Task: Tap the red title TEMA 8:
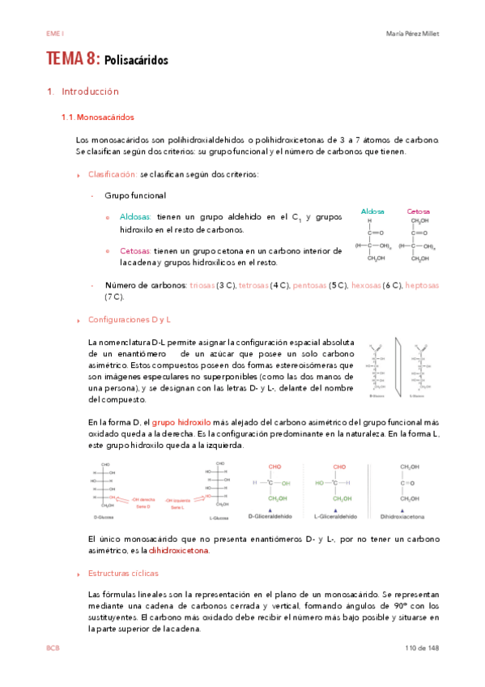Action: [73, 59]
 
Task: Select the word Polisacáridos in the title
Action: [136, 61]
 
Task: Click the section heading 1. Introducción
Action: [83, 92]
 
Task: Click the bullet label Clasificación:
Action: [112, 174]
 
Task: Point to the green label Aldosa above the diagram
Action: [372, 211]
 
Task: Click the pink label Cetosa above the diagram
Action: [419, 211]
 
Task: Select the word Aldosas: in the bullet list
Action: [135, 217]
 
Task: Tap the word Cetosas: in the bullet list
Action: [135, 251]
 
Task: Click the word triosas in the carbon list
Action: [202, 285]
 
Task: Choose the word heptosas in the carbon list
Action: [421, 285]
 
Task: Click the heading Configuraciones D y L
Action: [129, 319]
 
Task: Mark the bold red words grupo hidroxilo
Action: [181, 422]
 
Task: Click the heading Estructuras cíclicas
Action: [121, 573]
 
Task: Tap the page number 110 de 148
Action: [421, 649]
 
